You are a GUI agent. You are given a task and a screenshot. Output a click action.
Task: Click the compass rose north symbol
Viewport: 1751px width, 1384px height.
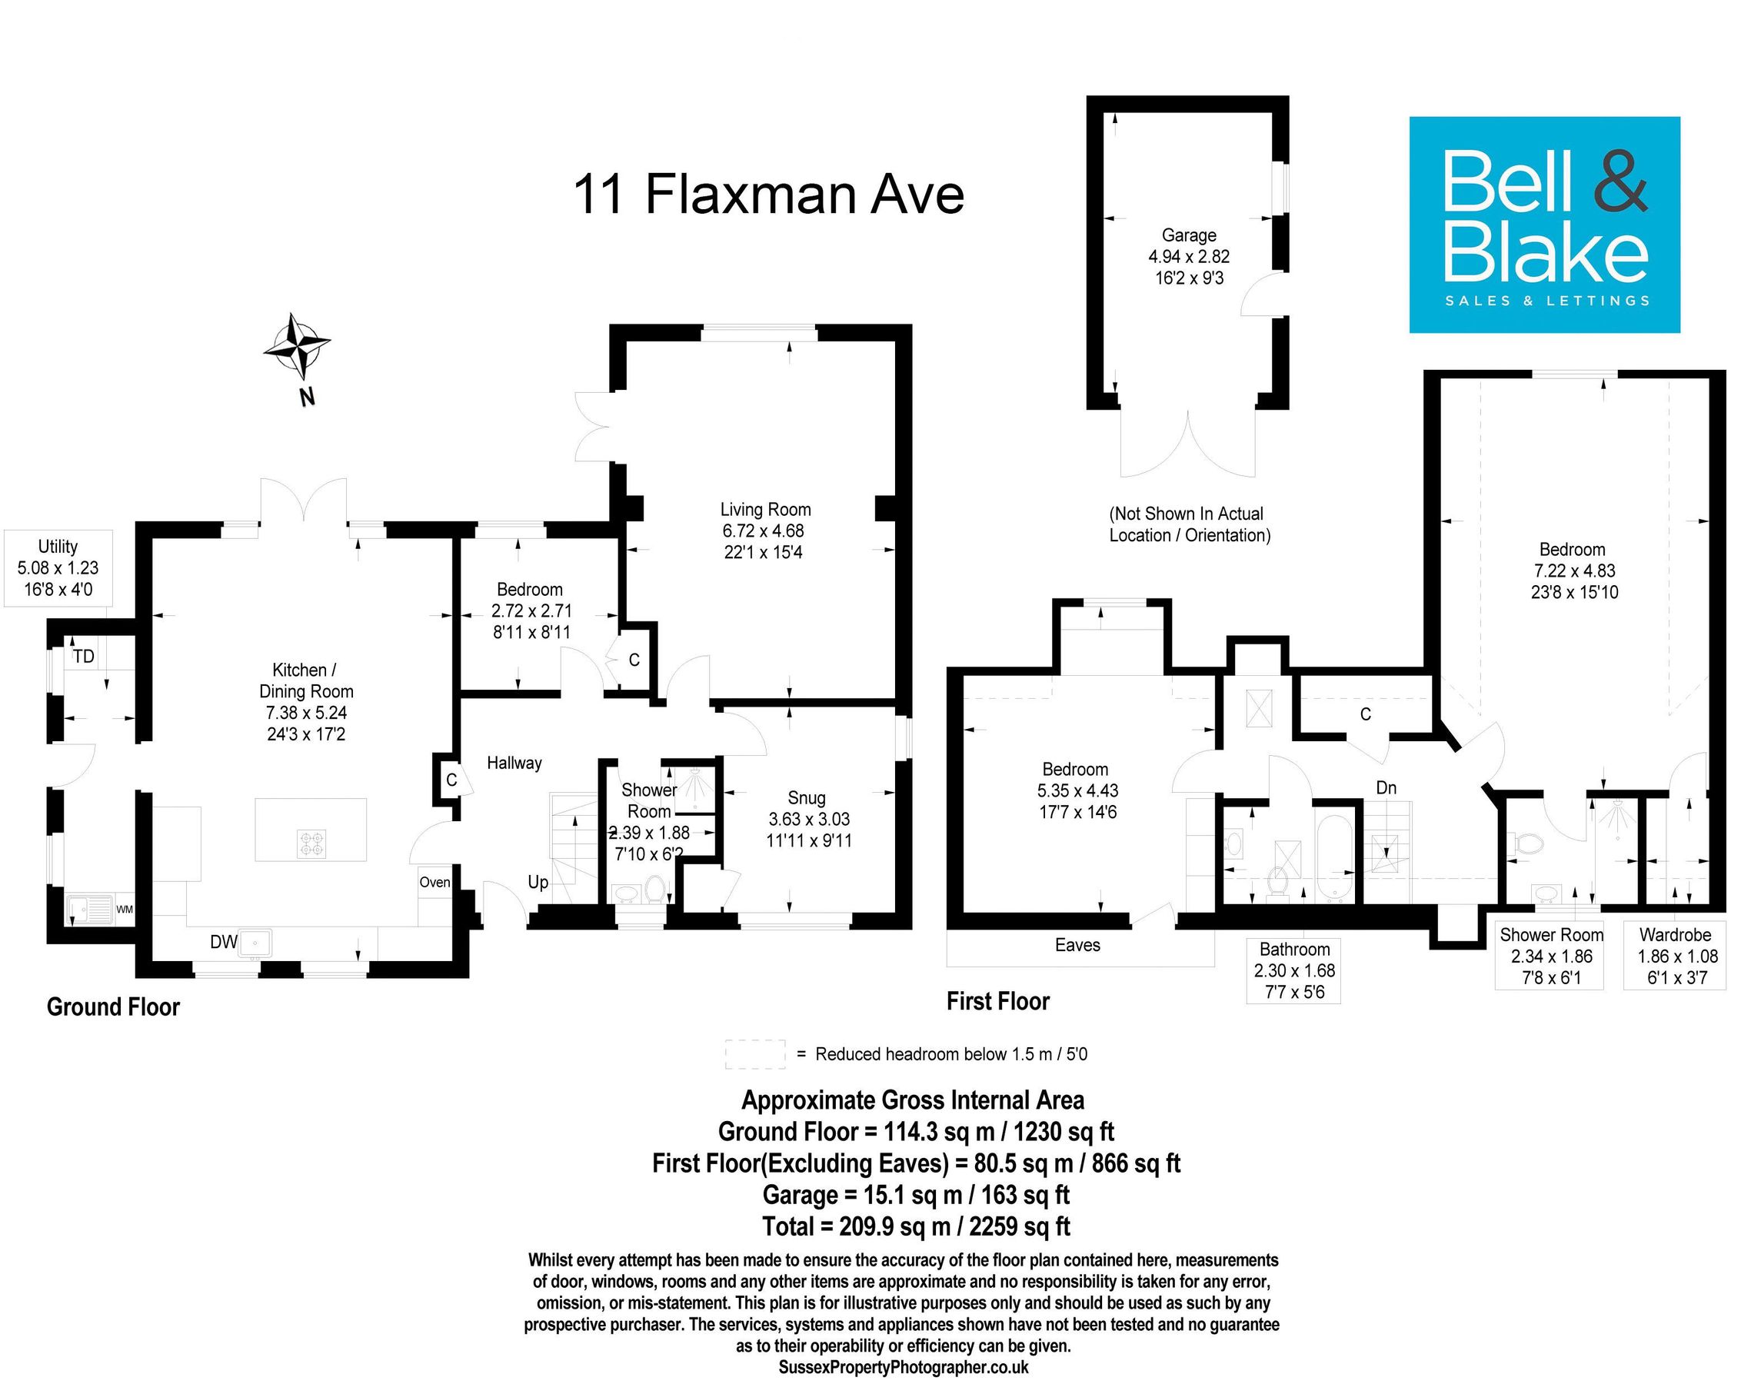click(x=297, y=347)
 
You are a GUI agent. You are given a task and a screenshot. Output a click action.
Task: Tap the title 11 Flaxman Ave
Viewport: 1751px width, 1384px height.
click(x=768, y=195)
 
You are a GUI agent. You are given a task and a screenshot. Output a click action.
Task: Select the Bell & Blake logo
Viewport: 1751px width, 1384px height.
click(x=1543, y=225)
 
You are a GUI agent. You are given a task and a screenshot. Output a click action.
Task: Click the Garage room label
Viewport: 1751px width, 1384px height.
click(x=1189, y=236)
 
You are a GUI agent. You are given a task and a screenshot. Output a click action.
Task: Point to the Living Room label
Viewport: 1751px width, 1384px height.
click(x=765, y=510)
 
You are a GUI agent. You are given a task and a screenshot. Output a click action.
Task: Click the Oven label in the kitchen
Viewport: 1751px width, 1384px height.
click(x=434, y=883)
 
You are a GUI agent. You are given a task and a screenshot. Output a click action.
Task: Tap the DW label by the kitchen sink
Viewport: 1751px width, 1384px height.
click(x=224, y=942)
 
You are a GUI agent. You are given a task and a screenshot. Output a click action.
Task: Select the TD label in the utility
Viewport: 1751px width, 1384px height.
click(x=84, y=657)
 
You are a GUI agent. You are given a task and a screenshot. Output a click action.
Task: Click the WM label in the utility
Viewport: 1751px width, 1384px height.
click(x=124, y=910)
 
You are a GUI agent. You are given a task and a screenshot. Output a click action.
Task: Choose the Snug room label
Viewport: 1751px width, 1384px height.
click(x=806, y=798)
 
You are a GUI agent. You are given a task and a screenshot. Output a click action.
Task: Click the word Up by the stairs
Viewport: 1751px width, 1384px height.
click(x=538, y=883)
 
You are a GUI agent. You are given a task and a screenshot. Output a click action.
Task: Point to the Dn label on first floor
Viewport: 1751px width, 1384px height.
click(x=1386, y=787)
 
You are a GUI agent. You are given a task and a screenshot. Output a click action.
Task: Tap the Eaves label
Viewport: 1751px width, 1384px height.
click(x=1077, y=945)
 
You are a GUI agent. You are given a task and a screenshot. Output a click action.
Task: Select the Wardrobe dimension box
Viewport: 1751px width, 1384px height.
click(x=1674, y=956)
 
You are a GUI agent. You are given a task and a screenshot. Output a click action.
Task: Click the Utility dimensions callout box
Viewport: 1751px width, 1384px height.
click(x=58, y=568)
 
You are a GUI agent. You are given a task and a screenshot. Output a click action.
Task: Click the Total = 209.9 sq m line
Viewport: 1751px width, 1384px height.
click(x=916, y=1226)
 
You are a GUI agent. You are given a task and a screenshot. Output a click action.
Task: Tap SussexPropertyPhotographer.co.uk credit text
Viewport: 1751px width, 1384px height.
click(x=903, y=1368)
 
